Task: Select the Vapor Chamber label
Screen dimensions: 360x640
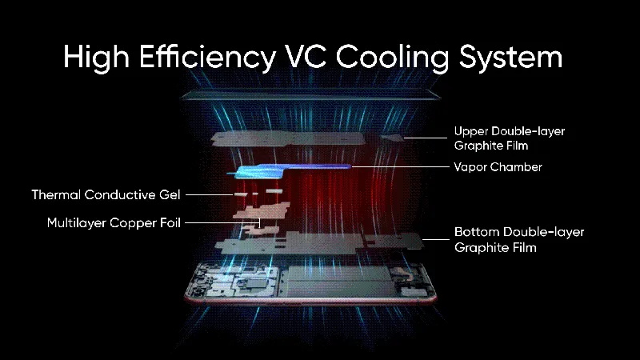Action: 498,167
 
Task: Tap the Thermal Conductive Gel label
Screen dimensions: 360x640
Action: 106,194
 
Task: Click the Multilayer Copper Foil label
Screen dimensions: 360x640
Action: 114,222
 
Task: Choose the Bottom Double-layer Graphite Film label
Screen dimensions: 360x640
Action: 518,239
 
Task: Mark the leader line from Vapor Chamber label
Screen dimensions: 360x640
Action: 400,167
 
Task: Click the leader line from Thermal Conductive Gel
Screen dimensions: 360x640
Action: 210,194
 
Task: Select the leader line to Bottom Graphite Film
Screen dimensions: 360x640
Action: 432,238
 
